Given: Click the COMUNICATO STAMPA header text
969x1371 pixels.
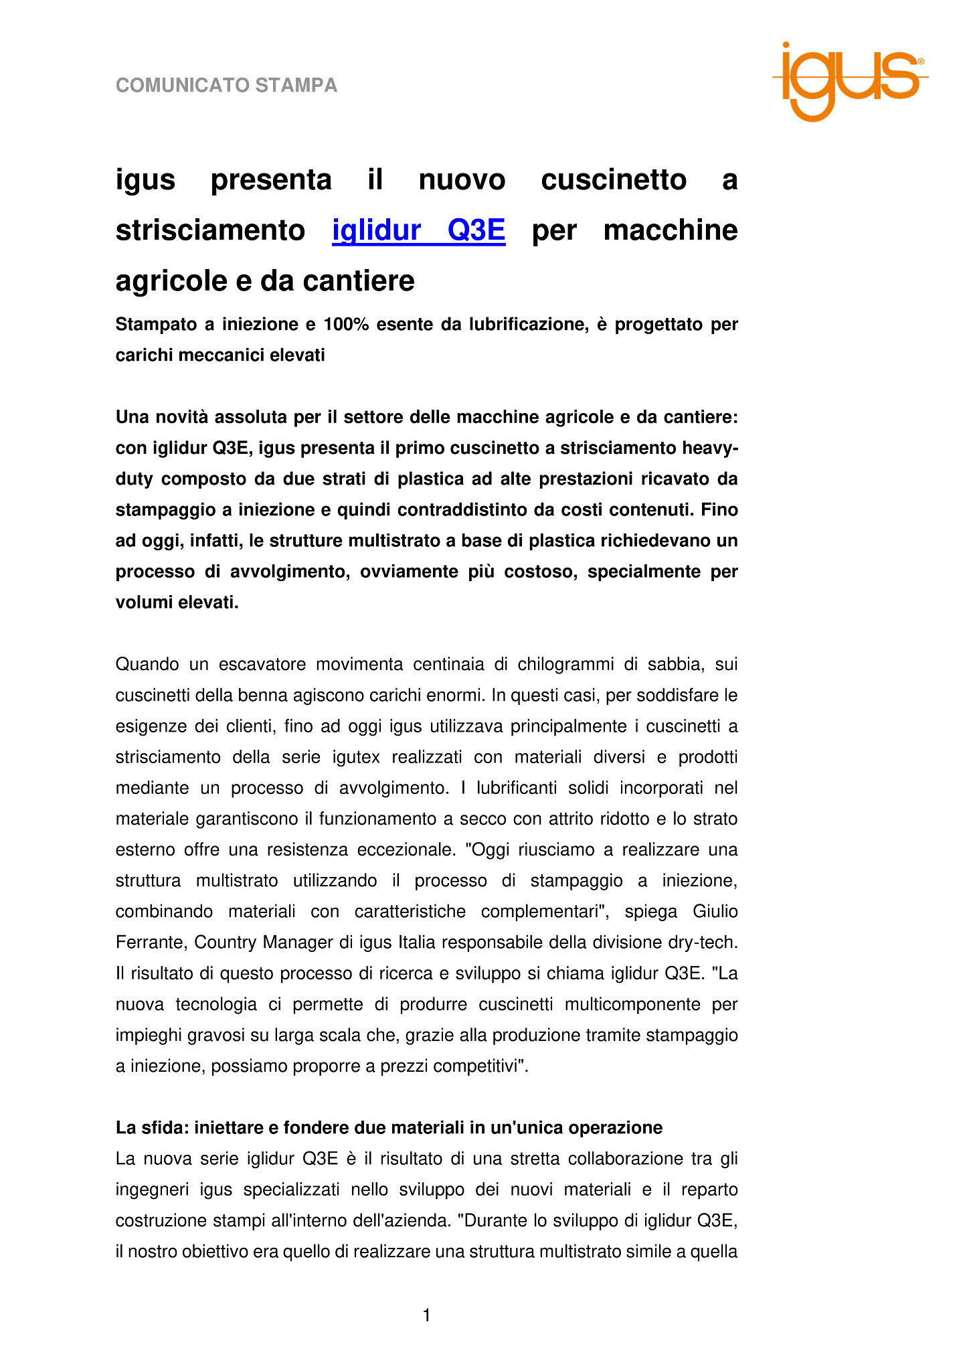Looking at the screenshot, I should coord(226,86).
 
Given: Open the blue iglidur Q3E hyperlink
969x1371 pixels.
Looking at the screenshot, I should coord(419,230).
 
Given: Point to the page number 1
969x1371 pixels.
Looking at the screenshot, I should coord(427,1315).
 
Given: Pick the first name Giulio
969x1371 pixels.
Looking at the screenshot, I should coord(715,912).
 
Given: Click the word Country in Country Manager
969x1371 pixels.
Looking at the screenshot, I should coord(225,943).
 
